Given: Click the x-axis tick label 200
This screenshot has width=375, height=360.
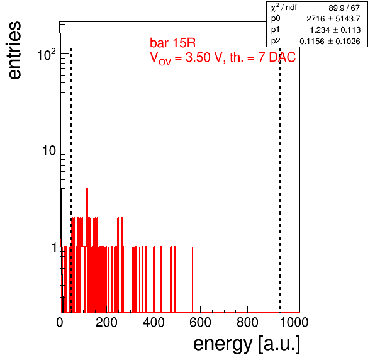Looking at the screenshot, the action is (106, 322).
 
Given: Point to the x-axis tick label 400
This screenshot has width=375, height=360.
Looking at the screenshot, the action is (154, 322).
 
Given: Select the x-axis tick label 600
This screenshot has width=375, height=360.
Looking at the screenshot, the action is (201, 322).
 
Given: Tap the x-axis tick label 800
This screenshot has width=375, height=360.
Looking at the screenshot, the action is (247, 322).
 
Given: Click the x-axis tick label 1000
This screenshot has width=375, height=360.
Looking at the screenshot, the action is (294, 322).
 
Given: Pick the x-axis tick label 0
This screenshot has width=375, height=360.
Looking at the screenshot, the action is (60, 322).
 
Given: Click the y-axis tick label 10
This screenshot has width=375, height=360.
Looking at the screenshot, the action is (49, 150).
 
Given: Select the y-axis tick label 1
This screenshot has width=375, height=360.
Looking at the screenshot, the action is (54, 247).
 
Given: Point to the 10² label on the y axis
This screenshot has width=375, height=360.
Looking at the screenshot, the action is (47, 55).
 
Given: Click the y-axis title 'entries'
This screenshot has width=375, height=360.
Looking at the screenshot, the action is (15, 50).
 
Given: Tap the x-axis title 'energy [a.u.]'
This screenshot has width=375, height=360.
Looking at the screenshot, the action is (247, 344).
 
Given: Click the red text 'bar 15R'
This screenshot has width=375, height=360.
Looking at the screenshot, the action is (172, 43).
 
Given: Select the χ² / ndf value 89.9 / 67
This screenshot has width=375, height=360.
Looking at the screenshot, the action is (344, 8).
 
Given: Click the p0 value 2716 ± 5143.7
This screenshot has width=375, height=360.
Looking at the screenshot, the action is (333, 19).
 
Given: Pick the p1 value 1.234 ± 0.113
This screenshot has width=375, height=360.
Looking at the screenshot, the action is (335, 30).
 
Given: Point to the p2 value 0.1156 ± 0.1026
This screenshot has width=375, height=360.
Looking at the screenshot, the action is (330, 42).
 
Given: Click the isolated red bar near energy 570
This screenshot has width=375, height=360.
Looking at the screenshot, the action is (193, 279).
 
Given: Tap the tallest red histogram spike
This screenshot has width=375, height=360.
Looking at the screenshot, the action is (87, 249).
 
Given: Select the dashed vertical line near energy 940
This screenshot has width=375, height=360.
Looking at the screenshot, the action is (280, 179).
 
